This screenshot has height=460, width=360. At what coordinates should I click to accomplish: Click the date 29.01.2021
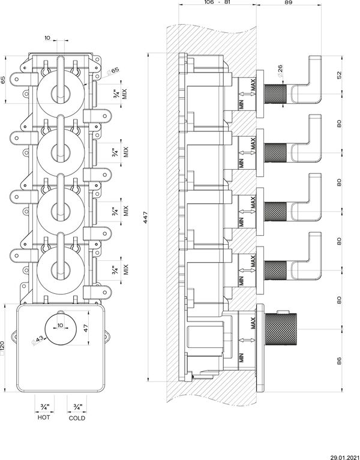[345, 458]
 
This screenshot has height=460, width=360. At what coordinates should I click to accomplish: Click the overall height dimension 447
[146, 217]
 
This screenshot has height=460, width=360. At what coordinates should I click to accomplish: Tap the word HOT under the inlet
[44, 417]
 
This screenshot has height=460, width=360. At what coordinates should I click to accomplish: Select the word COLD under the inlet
[77, 418]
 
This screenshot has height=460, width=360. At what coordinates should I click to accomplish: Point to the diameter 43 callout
[38, 340]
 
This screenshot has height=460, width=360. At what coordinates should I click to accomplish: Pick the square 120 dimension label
[2, 348]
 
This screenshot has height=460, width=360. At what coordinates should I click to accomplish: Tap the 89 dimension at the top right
[289, 2]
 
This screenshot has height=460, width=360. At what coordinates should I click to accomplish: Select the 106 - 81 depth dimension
[217, 2]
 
